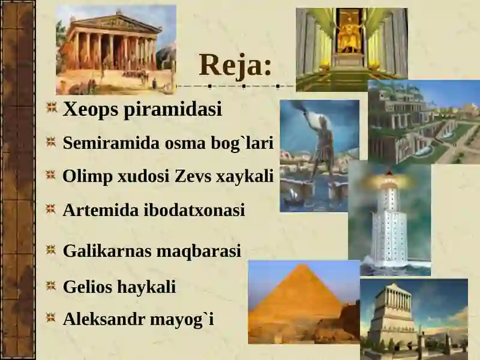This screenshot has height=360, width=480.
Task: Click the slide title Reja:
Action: (x=235, y=65)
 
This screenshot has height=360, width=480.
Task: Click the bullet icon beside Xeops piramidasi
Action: (x=52, y=108)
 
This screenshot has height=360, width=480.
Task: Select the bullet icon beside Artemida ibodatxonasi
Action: (x=52, y=209)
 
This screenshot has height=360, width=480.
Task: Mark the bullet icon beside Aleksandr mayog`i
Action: (x=52, y=318)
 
